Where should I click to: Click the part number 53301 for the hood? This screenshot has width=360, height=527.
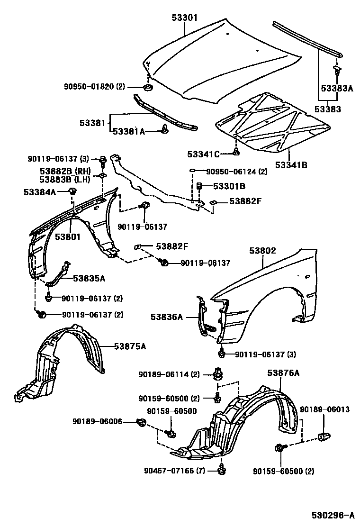[x=183, y=18]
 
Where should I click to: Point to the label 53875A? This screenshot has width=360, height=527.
[x=129, y=346]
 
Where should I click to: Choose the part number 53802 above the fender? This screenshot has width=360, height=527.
[x=260, y=251]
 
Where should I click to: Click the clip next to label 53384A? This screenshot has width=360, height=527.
[x=72, y=191]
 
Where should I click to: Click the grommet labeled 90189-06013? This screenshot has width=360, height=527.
[x=324, y=436]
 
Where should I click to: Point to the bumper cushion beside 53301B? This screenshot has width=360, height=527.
[x=199, y=186]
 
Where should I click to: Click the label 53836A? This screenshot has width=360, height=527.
[x=167, y=318]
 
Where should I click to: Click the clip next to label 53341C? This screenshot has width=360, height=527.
[x=235, y=153]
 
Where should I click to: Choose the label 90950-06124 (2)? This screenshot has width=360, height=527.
[x=237, y=172]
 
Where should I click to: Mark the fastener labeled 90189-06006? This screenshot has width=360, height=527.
[x=141, y=422]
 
